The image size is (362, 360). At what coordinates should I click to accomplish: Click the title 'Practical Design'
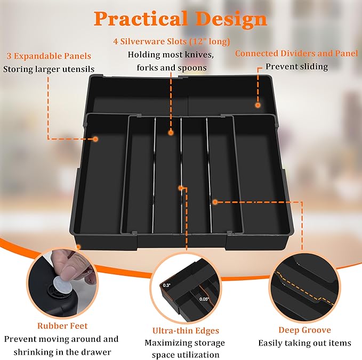click(180, 19)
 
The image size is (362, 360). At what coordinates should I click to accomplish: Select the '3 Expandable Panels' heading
click(49, 56)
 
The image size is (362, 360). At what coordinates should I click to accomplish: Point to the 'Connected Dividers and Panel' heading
click(296, 53)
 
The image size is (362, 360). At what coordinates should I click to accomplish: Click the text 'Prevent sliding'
click(296, 67)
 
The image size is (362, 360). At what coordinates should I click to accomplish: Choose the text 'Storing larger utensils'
click(49, 69)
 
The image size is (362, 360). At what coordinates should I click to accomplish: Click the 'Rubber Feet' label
click(62, 325)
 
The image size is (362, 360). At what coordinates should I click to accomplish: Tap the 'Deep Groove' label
click(304, 330)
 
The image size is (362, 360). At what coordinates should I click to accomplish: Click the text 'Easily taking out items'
click(304, 343)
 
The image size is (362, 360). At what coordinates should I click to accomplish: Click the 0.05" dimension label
click(204, 299)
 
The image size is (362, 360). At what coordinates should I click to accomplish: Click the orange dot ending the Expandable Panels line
click(95, 139)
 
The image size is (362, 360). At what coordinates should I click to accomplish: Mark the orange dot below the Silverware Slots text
click(171, 132)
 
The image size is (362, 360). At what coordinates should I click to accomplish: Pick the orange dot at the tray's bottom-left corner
click(78, 247)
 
